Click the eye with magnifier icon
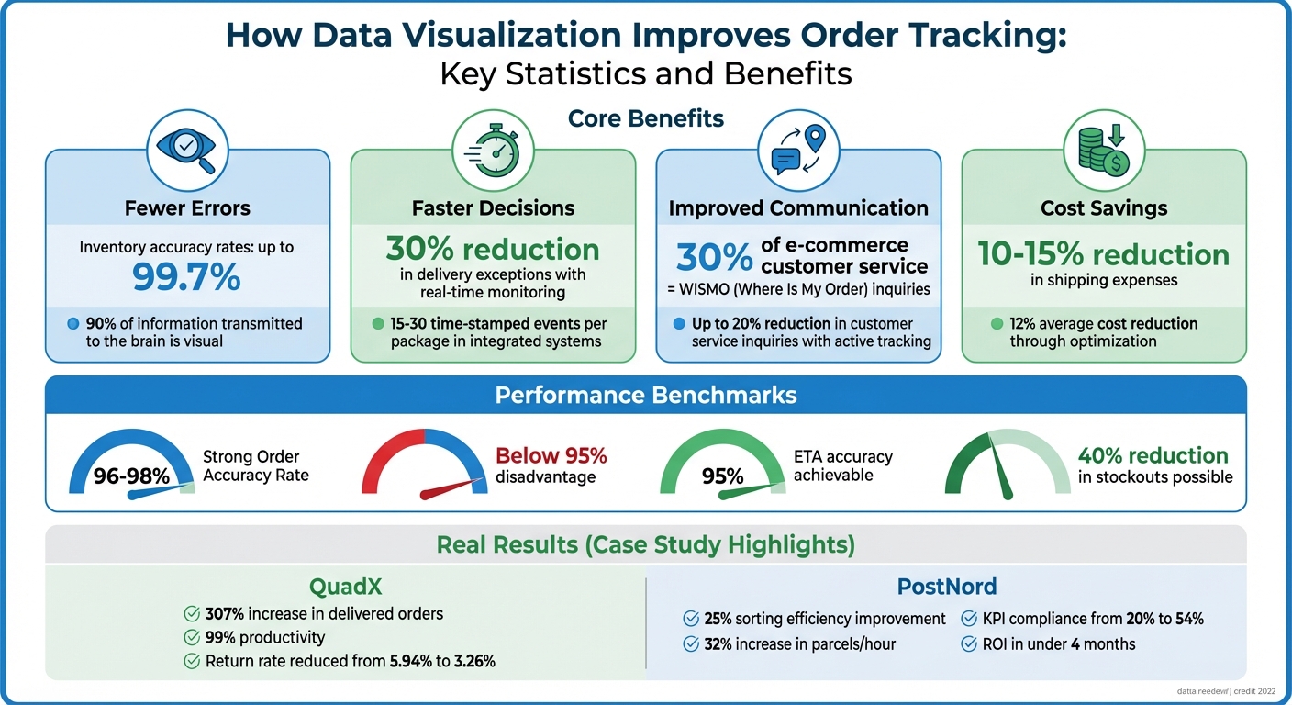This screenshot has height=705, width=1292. tap(187, 150)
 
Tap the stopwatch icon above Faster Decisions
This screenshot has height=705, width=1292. tap(492, 150)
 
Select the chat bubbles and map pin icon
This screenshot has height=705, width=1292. tap(797, 150)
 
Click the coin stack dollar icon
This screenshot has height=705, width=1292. tap(1103, 150)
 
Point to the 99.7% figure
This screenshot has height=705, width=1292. tap(187, 275)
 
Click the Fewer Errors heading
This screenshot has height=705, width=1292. tap(187, 208)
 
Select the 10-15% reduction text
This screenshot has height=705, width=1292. tap(1103, 254)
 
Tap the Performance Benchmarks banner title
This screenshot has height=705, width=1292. tap(645, 395)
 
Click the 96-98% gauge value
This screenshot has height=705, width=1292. tap(131, 476)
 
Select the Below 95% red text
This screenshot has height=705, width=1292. tap(551, 455)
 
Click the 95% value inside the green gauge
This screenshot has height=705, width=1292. tap(722, 476)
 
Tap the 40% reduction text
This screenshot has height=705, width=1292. tap(1153, 455)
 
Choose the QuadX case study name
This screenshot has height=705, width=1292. tap(346, 586)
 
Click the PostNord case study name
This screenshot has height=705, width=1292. tap(946, 586)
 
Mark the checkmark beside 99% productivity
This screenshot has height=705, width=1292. tap(192, 637)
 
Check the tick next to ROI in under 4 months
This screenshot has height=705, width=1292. tap(968, 644)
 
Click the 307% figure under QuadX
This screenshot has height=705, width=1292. tap(224, 613)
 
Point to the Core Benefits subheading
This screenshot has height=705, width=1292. tap(645, 118)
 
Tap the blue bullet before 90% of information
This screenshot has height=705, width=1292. tap(73, 323)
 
